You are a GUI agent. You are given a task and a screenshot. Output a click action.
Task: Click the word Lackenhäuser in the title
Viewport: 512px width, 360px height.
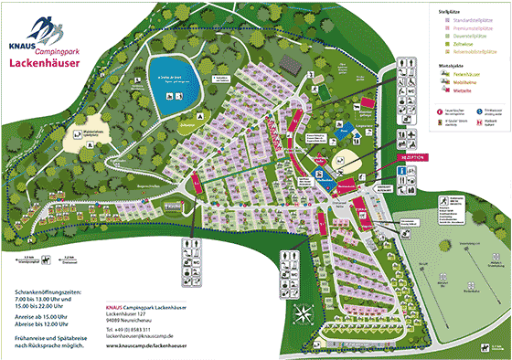pos(42,64)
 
